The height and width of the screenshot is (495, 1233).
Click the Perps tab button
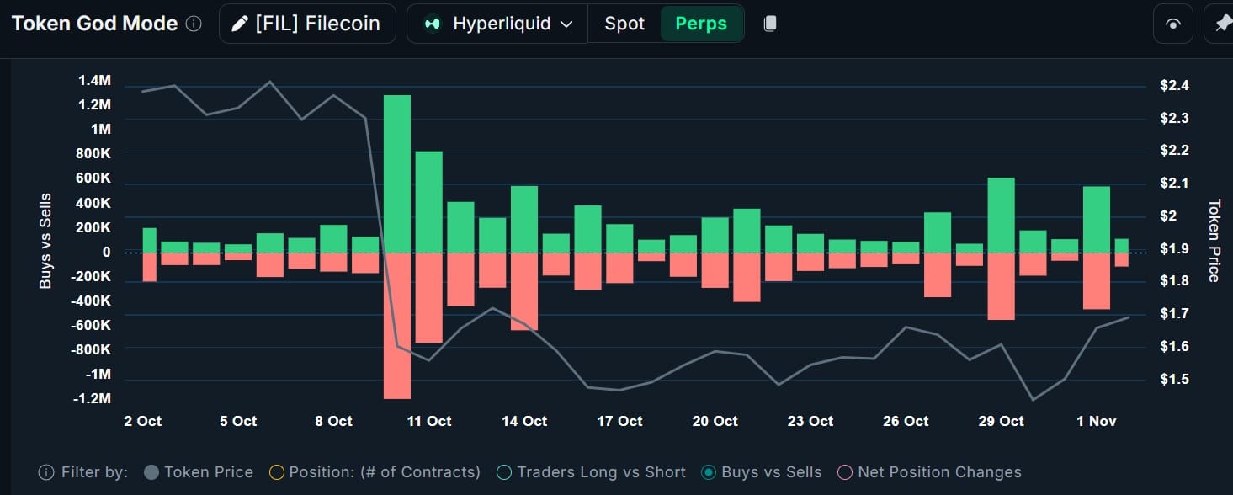(x=701, y=24)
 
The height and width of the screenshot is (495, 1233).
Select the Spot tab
(x=624, y=24)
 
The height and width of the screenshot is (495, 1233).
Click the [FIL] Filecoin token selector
(x=307, y=24)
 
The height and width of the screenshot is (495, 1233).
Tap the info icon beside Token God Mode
(x=194, y=24)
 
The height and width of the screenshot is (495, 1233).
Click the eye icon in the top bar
(x=1173, y=24)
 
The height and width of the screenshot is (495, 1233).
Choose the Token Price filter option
(x=199, y=472)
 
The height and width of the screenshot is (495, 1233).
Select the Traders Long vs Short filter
(x=592, y=472)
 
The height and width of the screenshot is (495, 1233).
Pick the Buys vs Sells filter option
(x=762, y=472)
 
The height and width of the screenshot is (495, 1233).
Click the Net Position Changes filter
(x=929, y=472)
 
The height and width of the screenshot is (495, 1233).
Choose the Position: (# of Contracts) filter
(x=375, y=472)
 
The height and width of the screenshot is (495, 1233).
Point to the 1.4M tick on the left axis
(x=94, y=81)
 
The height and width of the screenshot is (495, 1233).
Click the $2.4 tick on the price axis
(x=1174, y=85)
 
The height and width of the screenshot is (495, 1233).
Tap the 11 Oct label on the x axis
(x=429, y=421)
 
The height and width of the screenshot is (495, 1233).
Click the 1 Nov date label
(x=1097, y=421)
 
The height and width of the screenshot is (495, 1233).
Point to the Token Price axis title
(x=1214, y=241)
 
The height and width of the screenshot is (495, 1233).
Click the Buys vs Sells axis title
(x=45, y=241)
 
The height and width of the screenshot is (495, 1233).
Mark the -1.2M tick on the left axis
(x=92, y=398)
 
